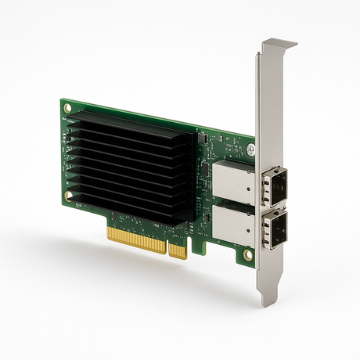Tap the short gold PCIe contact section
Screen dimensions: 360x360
click(178, 249)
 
